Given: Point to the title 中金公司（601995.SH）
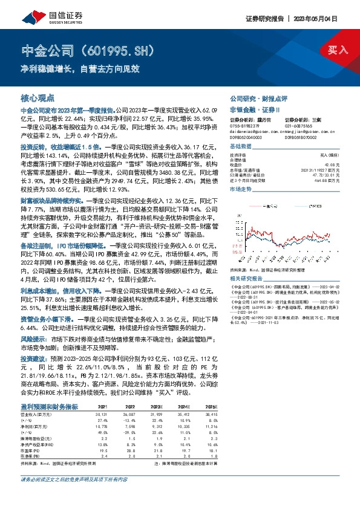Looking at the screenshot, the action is pos(84,50).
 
